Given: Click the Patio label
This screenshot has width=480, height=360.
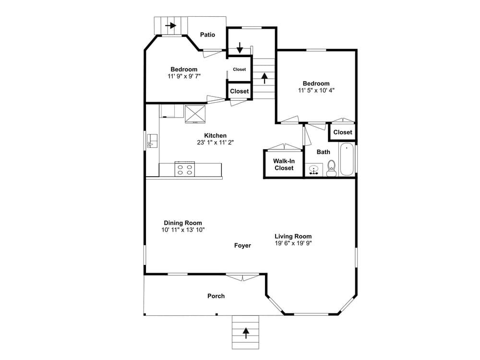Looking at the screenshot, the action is point(207,35).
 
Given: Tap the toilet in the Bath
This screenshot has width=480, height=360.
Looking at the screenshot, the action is point(331,168).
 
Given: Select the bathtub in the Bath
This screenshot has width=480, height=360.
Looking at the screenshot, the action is point(347,159).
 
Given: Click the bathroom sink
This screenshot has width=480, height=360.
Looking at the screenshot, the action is point(314,169).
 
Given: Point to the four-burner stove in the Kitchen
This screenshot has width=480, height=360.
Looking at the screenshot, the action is point(185,169).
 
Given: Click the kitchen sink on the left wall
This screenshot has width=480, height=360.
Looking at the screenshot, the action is point(152,141).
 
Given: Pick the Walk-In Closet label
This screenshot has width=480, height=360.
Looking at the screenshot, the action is point(284,164).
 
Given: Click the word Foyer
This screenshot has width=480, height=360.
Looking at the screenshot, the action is point(242,245).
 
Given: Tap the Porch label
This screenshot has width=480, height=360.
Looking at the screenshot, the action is point(216,296).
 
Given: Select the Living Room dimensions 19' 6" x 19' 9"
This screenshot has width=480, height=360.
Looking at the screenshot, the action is point(293,243).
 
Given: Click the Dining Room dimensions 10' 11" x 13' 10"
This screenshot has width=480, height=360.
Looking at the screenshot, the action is point(183,230).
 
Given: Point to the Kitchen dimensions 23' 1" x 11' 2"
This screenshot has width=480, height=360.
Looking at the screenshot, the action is point(215,143).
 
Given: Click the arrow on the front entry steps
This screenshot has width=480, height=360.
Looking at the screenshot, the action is point(245,333).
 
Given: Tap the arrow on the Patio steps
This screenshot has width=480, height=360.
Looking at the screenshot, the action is point(171,25).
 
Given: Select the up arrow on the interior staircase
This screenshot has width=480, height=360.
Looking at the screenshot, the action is point(264,78).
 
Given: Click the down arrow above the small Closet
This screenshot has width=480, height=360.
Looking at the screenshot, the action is point(240,48).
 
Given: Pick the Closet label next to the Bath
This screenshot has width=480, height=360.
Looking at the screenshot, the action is point(343,132).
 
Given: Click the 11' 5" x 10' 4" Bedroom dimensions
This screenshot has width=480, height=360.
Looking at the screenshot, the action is point(316,90).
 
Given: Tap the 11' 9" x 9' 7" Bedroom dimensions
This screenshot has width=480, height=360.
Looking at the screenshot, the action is point(184,76).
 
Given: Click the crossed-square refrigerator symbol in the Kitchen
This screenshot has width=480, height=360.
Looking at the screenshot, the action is point(195,114).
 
